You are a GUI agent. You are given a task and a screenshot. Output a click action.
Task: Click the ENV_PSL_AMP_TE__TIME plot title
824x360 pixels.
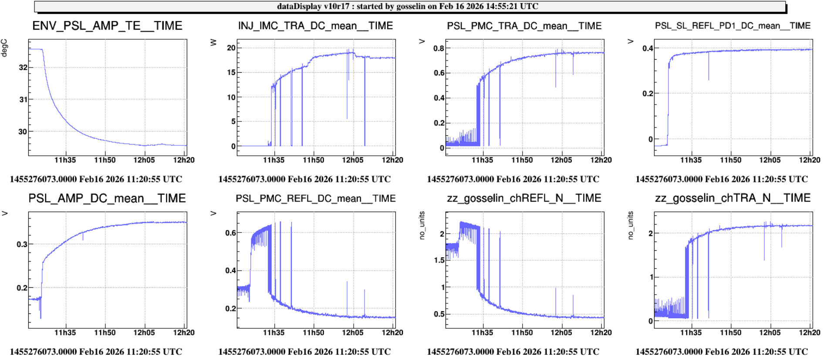107,26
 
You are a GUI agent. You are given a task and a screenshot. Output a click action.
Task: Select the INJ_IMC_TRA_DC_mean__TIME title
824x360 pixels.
315,26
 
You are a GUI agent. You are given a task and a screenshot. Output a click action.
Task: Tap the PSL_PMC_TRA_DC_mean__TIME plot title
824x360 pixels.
524,26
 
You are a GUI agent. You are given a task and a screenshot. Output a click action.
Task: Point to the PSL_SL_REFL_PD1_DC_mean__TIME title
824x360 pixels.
733,26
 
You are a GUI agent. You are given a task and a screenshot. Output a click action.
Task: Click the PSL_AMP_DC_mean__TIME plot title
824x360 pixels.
107,199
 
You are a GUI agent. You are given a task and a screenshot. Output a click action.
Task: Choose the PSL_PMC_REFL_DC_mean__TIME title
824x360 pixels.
315,199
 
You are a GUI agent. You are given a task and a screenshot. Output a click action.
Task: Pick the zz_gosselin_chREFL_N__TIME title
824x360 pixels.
524,199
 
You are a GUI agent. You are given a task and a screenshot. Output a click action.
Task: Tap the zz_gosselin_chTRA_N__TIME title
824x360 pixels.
733,199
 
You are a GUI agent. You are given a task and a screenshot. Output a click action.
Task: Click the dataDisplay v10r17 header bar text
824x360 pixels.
407,6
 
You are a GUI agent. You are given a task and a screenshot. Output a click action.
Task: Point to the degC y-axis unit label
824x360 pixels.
4,48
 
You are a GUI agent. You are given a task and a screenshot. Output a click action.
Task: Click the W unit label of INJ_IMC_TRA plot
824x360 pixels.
213,42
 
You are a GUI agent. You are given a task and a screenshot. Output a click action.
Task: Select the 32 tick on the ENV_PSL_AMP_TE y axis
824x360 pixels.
23,67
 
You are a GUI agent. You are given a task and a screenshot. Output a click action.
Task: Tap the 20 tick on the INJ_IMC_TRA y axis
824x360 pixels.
231,48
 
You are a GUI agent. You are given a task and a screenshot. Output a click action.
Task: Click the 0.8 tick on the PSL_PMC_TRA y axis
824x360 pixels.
439,48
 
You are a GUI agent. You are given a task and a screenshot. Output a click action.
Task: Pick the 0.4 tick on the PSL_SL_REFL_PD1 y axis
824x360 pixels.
648,48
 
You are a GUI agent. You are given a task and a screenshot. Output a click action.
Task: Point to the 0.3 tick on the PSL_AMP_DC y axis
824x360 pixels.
22,244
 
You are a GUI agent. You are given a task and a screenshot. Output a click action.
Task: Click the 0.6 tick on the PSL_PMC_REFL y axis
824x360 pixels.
230,233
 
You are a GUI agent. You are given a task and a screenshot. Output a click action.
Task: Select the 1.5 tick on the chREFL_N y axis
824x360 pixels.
439,260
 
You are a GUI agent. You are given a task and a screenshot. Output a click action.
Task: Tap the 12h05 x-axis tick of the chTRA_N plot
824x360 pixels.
770,333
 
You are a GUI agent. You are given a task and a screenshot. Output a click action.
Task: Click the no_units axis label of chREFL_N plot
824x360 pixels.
422,225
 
